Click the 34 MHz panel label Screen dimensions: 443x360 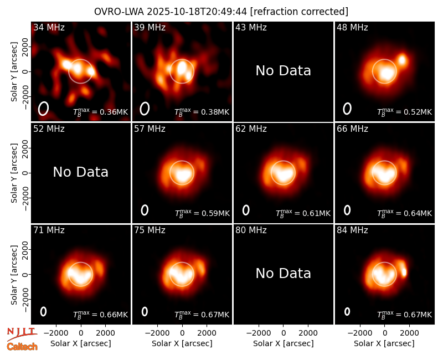click(49, 27)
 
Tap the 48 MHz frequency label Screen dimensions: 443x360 click(352, 27)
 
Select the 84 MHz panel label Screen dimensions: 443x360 click(352, 230)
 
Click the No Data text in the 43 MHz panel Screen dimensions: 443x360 click(283, 71)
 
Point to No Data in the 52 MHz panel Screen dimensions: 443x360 click(80, 172)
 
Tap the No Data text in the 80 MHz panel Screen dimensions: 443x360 click(283, 274)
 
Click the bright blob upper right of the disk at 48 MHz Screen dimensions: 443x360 click(402, 60)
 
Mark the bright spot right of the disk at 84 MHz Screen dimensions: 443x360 click(404, 272)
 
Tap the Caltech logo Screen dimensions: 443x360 click(22, 347)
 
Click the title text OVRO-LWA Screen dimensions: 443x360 click(119, 12)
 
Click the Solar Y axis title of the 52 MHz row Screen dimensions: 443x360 click(14, 173)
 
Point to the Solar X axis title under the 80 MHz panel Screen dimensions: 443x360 click(283, 343)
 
